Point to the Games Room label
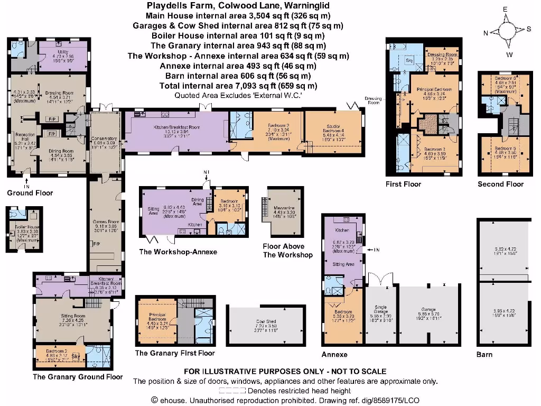pyautogui.click(x=104, y=225)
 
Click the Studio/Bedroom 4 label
pyautogui.click(x=333, y=130)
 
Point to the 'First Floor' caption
pyautogui.click(x=404, y=184)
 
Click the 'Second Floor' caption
pyautogui.click(x=500, y=184)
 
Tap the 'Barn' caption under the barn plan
pyautogui.click(x=484, y=354)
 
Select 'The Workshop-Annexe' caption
pyautogui.click(x=178, y=252)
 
